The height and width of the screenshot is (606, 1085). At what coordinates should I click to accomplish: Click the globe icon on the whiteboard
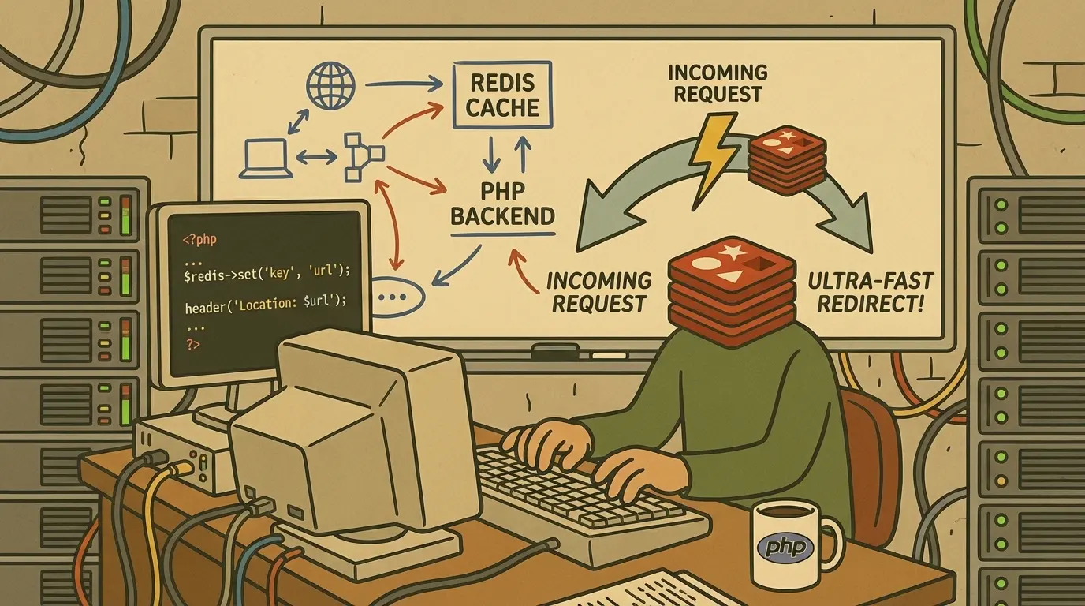pyautogui.click(x=331, y=85)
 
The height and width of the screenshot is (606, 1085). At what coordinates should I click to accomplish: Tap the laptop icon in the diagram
pyautogui.click(x=266, y=159)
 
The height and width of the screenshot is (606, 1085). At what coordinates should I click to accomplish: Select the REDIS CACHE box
pyautogui.click(x=502, y=95)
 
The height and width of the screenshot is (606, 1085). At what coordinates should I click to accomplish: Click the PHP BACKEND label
pyautogui.click(x=503, y=204)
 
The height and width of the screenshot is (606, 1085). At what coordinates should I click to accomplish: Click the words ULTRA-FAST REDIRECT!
pyautogui.click(x=871, y=292)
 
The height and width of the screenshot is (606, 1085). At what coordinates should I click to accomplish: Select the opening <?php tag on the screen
pyautogui.click(x=199, y=239)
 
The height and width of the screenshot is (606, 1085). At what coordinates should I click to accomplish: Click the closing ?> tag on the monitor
pyautogui.click(x=192, y=345)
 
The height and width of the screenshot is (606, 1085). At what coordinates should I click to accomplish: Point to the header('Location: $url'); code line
pyautogui.click(x=266, y=304)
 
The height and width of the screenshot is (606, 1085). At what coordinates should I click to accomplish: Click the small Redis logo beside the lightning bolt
pyautogui.click(x=787, y=160)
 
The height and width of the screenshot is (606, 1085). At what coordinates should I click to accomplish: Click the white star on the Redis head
pyautogui.click(x=732, y=252)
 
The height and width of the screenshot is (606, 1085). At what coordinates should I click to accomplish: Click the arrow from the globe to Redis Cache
pyautogui.click(x=404, y=85)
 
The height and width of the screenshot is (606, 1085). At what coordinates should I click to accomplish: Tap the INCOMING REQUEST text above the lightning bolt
pyautogui.click(x=718, y=83)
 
